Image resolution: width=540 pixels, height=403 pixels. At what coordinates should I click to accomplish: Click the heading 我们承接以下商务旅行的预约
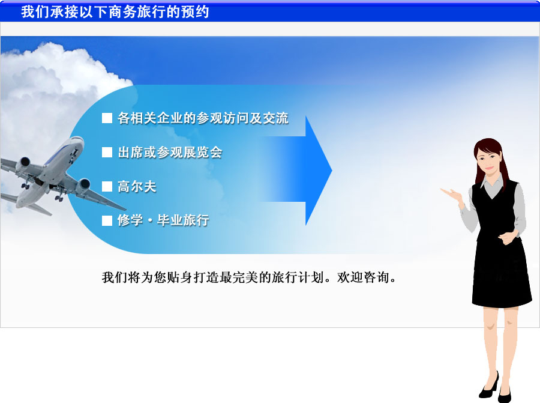tap(115, 12)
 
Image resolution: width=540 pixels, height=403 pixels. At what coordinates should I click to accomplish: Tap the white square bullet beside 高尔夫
tap(107, 187)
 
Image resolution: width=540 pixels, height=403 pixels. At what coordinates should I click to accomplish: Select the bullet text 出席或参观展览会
tap(170, 152)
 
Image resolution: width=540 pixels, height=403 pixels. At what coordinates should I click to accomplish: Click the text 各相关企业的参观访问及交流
tap(203, 118)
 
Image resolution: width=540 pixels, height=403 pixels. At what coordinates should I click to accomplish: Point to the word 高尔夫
tap(137, 187)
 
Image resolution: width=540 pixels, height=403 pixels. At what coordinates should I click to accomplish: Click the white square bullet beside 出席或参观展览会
tap(107, 152)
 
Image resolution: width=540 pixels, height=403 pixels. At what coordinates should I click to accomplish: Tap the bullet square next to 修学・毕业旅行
tap(107, 220)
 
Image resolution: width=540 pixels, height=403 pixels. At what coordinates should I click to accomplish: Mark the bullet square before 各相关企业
tap(107, 118)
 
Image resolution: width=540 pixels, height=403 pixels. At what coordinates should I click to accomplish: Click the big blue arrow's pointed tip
tap(332, 170)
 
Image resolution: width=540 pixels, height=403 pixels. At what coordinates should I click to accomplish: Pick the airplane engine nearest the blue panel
tap(82, 186)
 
